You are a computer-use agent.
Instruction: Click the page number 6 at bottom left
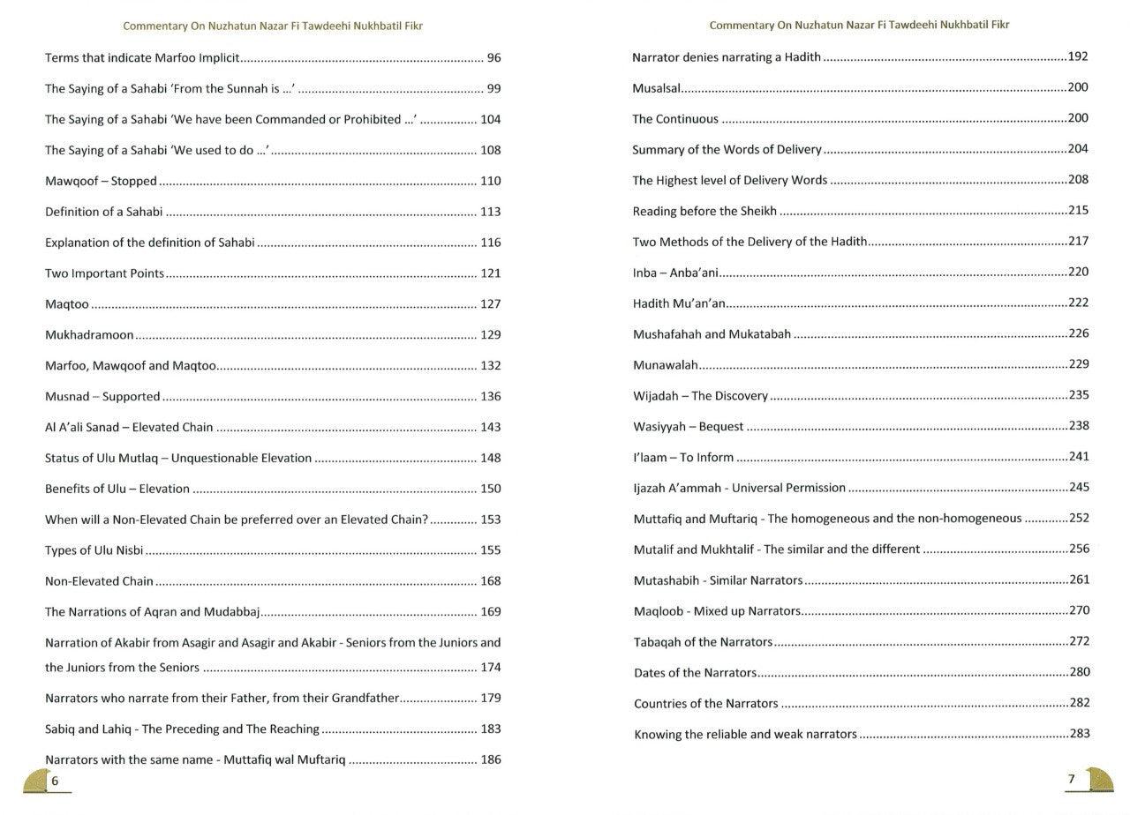point(55,781)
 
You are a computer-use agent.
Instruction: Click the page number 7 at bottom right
point(1072,779)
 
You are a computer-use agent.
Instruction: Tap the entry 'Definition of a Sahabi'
point(103,212)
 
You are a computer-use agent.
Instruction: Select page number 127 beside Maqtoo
point(490,304)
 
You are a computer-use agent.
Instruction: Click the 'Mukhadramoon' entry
point(89,335)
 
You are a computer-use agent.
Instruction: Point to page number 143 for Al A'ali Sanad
point(490,427)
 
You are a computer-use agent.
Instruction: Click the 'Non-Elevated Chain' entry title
point(99,581)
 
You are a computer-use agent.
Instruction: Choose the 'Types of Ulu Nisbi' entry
point(94,550)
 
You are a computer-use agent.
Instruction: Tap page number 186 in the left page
point(490,759)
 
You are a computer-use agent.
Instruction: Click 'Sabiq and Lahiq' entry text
point(182,729)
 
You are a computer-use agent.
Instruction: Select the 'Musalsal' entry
point(656,88)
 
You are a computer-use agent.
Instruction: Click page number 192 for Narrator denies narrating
point(1078,56)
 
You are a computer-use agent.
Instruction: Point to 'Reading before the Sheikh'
point(704,211)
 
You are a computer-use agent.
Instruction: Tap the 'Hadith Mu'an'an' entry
point(679,303)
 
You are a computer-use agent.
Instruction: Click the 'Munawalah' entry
point(666,364)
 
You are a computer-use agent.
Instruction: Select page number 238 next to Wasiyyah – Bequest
point(1079,426)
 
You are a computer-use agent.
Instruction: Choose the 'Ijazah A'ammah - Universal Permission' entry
point(739,488)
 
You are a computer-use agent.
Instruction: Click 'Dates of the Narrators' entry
point(695,673)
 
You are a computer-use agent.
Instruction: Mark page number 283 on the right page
point(1079,734)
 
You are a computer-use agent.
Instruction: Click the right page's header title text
point(859,25)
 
